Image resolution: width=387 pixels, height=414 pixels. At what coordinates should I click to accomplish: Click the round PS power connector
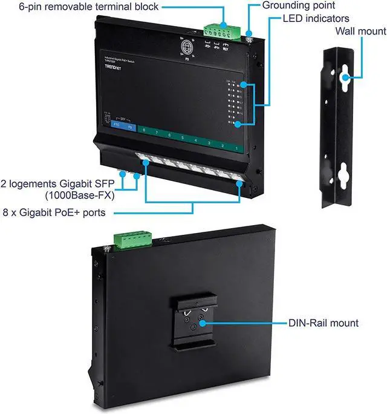(183, 47)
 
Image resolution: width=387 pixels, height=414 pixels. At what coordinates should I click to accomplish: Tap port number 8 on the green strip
(144, 130)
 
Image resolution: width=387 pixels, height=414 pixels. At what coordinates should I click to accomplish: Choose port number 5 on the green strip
(182, 138)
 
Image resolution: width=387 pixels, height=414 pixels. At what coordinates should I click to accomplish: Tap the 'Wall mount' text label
(361, 31)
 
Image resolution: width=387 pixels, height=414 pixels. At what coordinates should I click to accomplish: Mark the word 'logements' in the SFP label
(36, 183)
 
